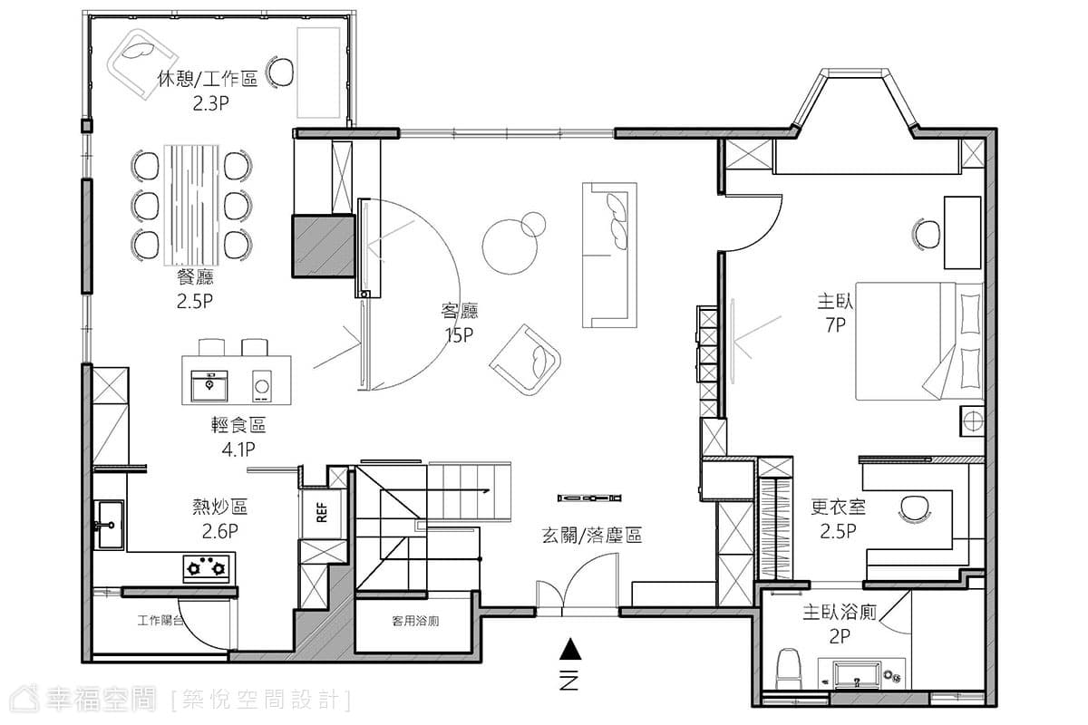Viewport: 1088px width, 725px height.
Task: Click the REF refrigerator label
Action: (x=322, y=512)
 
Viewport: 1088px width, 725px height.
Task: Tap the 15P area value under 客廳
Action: (x=459, y=335)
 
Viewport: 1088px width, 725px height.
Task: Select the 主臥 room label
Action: (x=835, y=301)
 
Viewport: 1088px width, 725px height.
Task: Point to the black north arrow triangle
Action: (x=570, y=649)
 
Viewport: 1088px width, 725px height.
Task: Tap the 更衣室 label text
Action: (x=839, y=507)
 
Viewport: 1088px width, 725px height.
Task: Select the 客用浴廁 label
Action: (x=415, y=621)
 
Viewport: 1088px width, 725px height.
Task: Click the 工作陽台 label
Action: (x=160, y=620)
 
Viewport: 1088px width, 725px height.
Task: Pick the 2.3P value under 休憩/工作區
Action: (x=210, y=103)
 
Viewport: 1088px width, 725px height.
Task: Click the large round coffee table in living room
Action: (x=510, y=246)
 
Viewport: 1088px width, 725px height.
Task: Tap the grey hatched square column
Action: (x=324, y=246)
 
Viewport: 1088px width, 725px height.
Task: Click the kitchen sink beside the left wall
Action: (x=109, y=525)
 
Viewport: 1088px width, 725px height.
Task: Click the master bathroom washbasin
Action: (x=856, y=675)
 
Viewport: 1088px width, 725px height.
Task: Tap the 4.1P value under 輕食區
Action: (x=238, y=449)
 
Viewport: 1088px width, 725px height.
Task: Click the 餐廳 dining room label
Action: (x=195, y=276)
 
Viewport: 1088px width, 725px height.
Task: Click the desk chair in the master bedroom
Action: (x=927, y=234)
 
